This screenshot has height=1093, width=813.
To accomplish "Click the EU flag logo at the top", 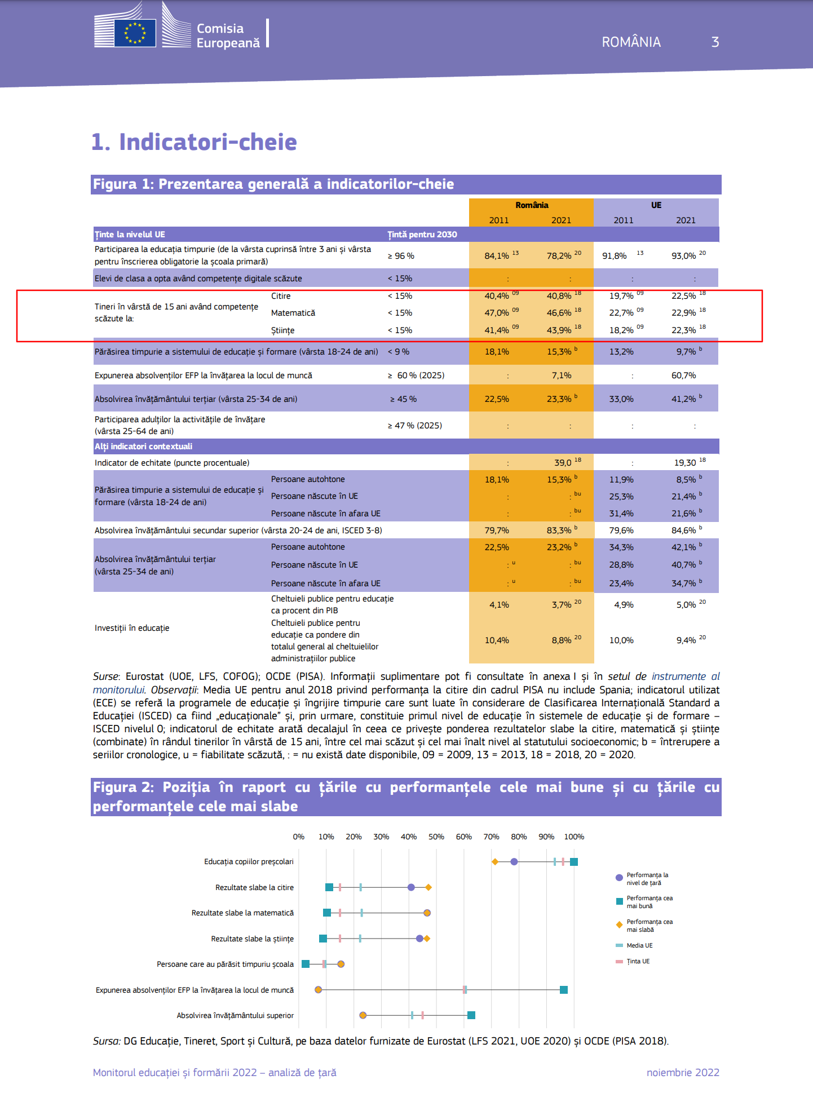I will point(135,33).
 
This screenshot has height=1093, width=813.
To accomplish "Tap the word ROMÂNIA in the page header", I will point(631,42).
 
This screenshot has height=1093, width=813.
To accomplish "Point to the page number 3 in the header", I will point(715,42).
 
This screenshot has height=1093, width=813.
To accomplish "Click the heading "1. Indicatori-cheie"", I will point(194,142).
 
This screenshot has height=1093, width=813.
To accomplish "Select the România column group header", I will point(531,205).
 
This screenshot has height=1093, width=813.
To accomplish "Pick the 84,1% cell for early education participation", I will point(497,256).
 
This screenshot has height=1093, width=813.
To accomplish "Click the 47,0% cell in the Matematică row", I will point(497,313).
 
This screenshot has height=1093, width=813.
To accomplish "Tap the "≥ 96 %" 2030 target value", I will point(401,256).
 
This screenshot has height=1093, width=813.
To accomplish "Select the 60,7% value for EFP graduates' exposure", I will point(683,375).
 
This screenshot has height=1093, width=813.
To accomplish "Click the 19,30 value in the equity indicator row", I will point(685,463).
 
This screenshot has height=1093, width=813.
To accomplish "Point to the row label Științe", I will point(282,330).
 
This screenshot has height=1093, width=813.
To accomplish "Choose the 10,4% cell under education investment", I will point(497,640).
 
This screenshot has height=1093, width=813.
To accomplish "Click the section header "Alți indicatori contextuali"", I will point(143,446).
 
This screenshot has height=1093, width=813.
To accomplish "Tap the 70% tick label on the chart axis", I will point(491,837).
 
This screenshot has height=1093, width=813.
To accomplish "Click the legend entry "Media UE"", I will point(639,945).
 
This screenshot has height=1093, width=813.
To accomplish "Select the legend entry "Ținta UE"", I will point(638,961).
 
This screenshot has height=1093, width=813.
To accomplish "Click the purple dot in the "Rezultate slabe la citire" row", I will point(411,887).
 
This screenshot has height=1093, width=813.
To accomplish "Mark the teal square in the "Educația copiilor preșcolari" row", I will point(574,861).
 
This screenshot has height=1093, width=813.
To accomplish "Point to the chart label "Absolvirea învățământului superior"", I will point(235,1015).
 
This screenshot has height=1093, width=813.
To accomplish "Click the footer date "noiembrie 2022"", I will point(683,1072).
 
